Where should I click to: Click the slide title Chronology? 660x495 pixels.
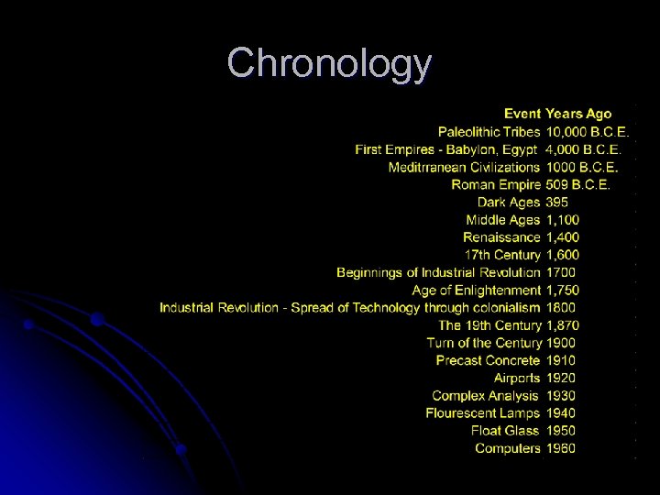[x=329, y=64]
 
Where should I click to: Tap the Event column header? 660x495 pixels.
[x=522, y=114]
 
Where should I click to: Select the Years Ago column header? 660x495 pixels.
[x=578, y=114]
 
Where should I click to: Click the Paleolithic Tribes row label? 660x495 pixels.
[x=489, y=132]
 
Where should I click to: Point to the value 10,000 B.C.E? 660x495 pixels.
[x=587, y=132]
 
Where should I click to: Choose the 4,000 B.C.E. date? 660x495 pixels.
[x=583, y=149]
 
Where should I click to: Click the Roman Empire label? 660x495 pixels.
[x=496, y=184]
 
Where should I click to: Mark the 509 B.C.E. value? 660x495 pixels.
[x=577, y=184]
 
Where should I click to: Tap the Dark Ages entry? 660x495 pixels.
[x=509, y=202]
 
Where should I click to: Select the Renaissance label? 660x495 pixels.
[x=501, y=237]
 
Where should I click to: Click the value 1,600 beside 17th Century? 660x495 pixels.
[x=562, y=255]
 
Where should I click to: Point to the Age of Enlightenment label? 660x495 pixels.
[x=476, y=291]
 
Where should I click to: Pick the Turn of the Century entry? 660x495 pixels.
[x=483, y=343]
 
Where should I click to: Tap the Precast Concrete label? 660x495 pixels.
[x=488, y=360]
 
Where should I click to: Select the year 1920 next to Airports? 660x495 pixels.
[x=561, y=378]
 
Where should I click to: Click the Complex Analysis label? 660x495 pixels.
[x=485, y=396]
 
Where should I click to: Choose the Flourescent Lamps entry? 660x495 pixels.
[x=482, y=413]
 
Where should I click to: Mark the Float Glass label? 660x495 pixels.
[x=505, y=431]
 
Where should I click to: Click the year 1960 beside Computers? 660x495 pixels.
[x=561, y=448]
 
